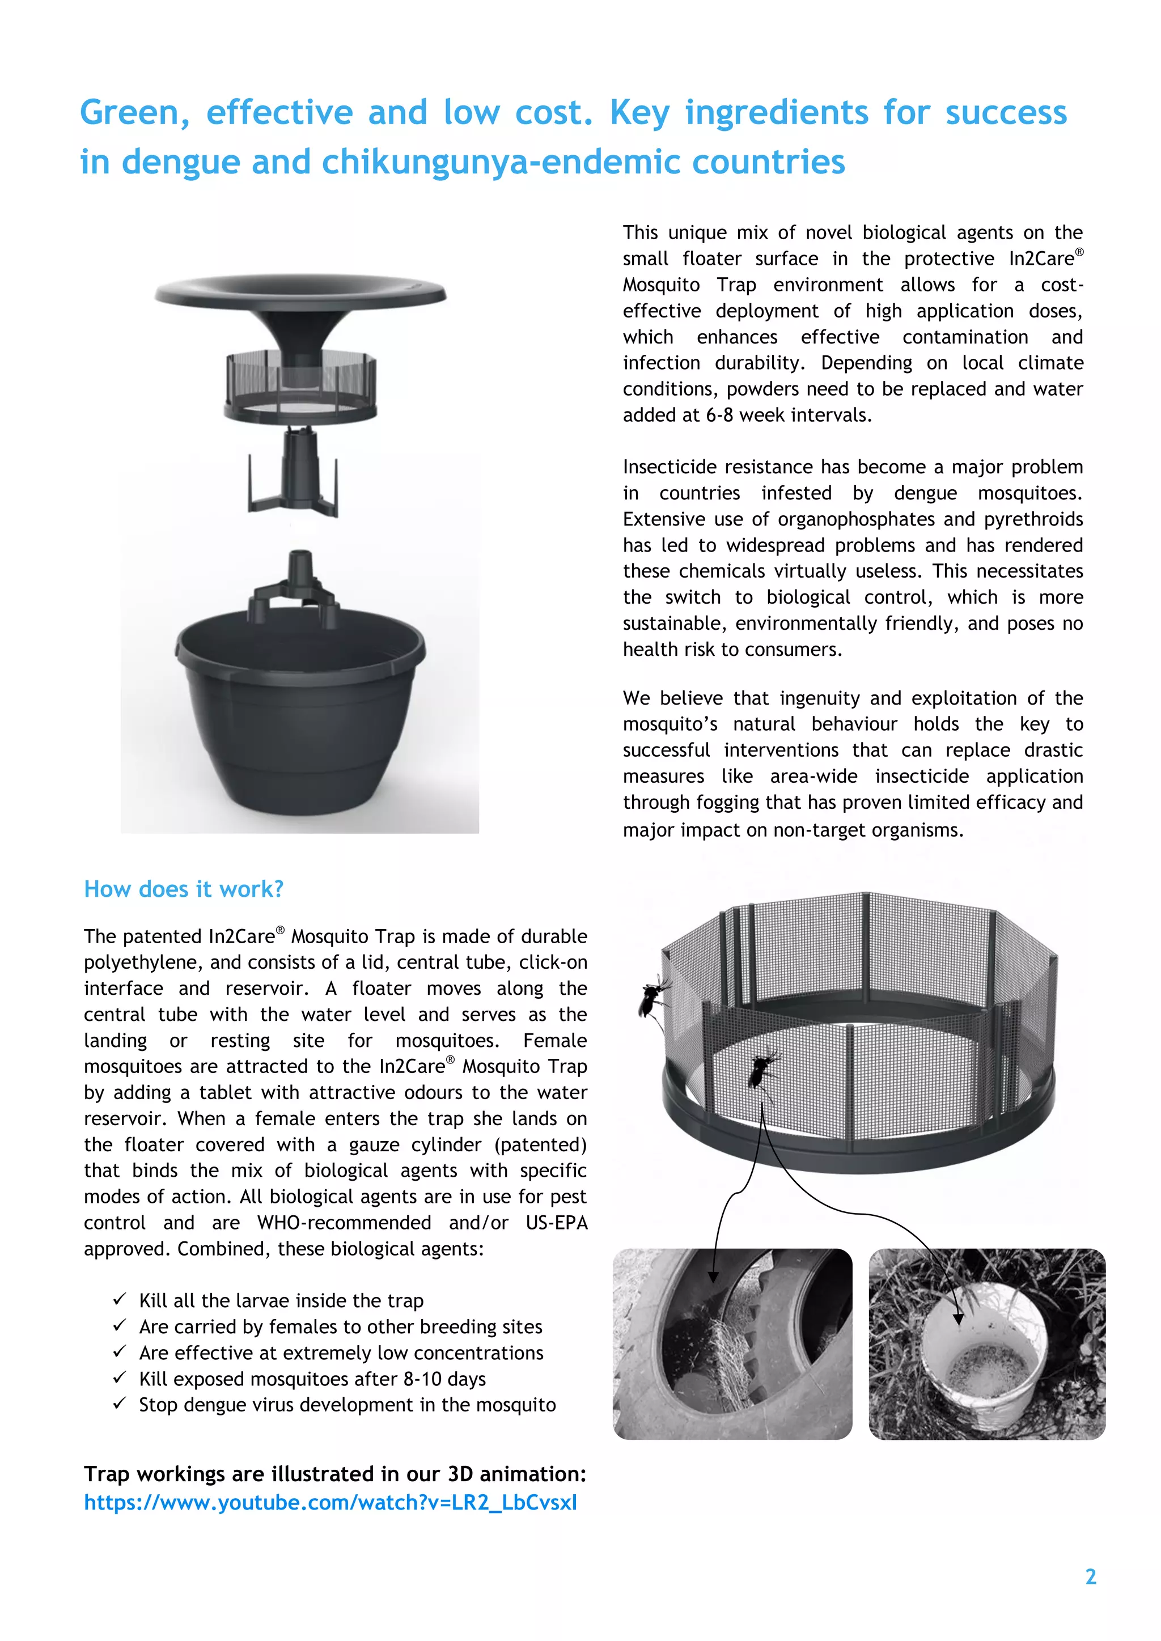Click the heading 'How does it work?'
coord(184,889)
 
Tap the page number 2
coord(1090,1577)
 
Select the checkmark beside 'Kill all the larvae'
coord(120,1299)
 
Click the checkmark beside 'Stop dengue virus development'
coord(120,1403)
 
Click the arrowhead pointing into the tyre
coord(713,1277)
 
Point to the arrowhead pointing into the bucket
coord(958,1318)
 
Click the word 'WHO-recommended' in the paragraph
coord(344,1223)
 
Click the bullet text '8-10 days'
coord(444,1379)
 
